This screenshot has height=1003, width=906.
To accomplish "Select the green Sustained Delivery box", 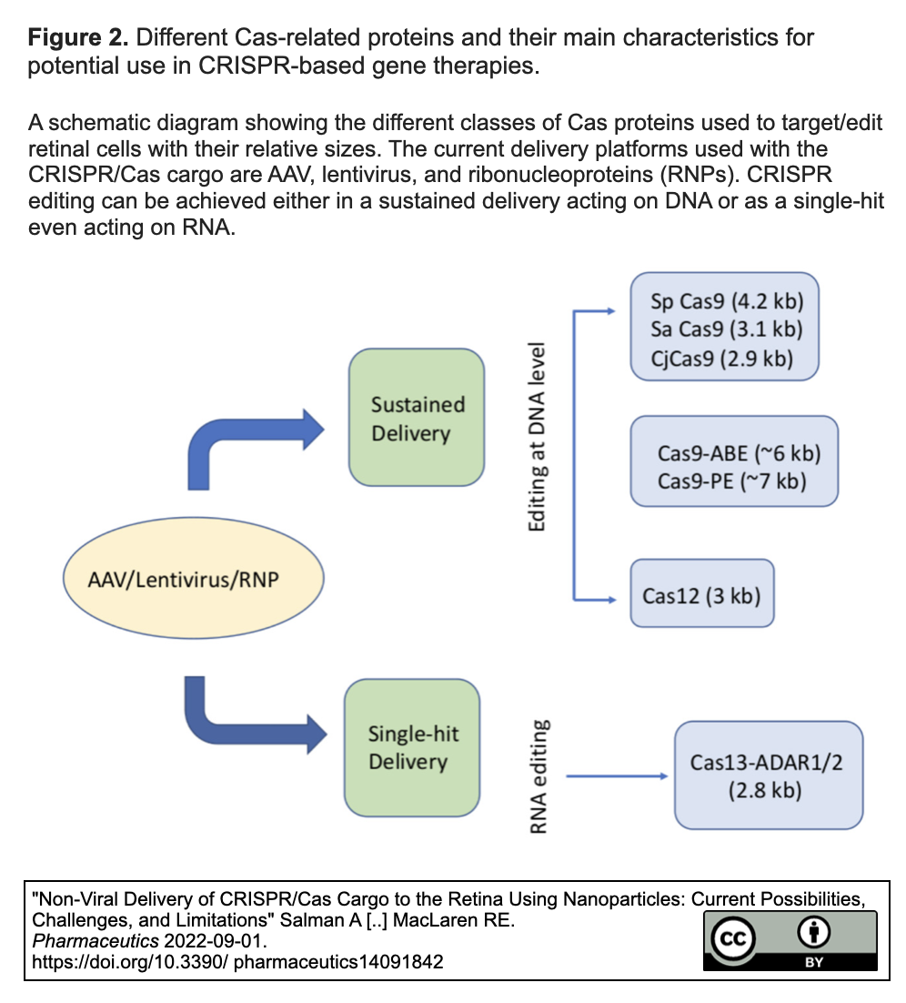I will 417,419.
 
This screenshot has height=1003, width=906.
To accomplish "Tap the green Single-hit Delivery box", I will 411,748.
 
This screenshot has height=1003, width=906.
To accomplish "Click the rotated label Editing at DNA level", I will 538,439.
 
